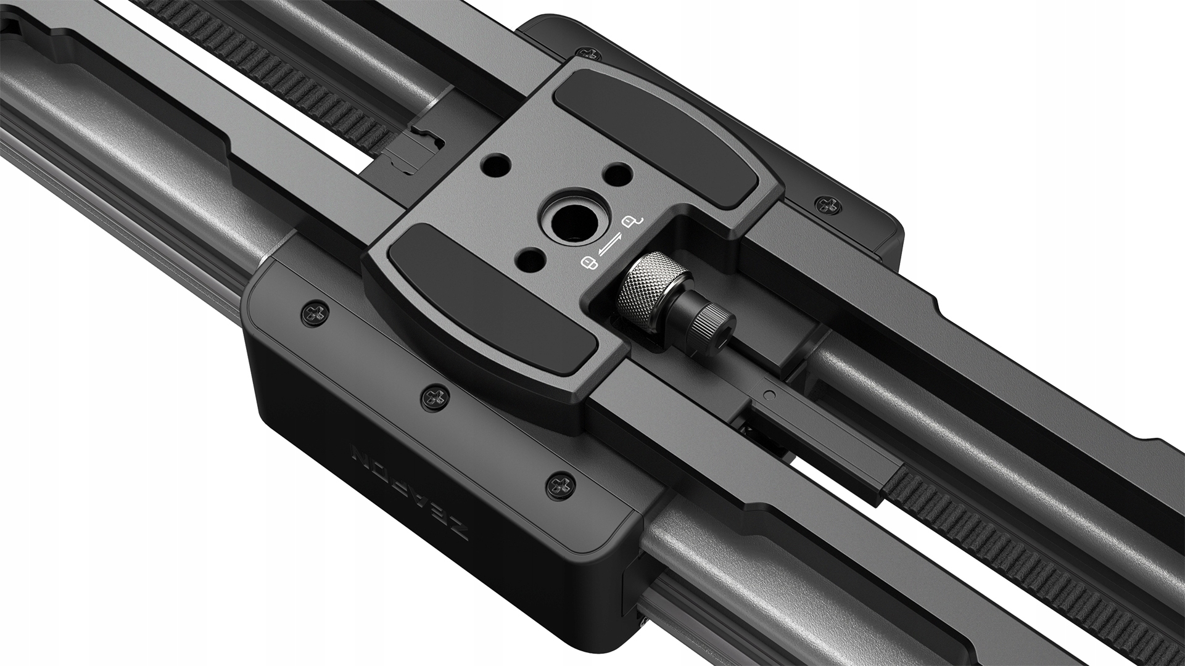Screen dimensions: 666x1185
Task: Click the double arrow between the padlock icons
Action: click(x=611, y=242)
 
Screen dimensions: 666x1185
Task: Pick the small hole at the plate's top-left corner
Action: click(x=497, y=165)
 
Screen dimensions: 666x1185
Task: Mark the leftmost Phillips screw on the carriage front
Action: click(x=314, y=313)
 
